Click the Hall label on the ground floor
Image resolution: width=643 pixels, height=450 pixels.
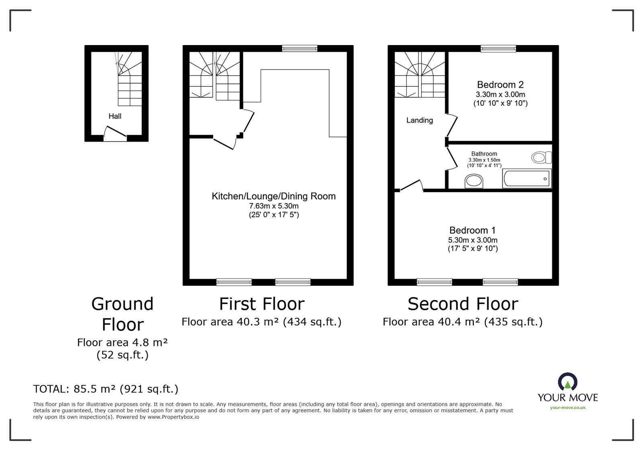(115, 116)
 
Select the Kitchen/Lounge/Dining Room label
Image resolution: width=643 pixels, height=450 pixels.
(273, 196)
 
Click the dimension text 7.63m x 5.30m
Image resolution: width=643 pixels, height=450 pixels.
(273, 206)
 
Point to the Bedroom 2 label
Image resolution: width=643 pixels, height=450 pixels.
(500, 85)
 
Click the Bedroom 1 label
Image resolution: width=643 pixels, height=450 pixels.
(472, 230)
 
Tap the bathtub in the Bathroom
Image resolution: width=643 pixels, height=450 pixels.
(527, 179)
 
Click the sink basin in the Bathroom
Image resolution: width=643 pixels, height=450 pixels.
(474, 181)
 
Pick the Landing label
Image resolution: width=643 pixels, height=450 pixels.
(419, 120)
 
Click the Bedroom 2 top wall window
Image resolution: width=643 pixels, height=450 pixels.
(498, 49)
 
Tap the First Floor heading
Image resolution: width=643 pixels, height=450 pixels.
(262, 304)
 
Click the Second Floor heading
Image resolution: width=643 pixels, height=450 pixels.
(463, 304)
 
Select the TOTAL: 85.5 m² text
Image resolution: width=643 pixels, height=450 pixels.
(106, 389)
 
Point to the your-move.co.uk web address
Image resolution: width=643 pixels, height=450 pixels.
(567, 408)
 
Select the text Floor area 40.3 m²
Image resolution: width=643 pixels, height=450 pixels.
(230, 322)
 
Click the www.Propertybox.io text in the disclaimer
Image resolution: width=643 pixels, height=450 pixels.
(173, 417)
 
